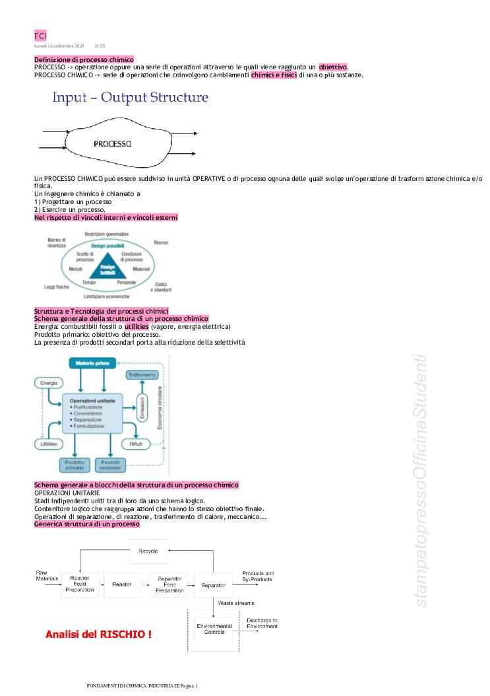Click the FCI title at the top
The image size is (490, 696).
(x=40, y=36)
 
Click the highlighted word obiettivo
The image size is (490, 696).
(x=333, y=67)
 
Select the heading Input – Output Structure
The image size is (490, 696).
(x=131, y=98)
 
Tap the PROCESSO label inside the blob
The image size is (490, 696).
(x=112, y=143)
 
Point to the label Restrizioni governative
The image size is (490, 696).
(x=107, y=234)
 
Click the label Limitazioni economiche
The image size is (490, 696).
(x=107, y=296)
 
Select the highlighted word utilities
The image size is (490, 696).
(x=137, y=326)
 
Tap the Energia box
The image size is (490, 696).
(x=49, y=383)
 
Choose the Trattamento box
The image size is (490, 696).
(x=142, y=374)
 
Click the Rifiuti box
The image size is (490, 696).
(x=136, y=444)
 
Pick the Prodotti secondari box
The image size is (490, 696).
(x=110, y=465)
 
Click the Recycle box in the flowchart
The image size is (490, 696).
(x=148, y=551)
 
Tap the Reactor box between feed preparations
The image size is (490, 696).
(x=122, y=584)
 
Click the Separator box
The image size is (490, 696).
(x=213, y=585)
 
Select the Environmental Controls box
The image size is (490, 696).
(x=214, y=628)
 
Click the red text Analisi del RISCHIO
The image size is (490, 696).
(x=98, y=635)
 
